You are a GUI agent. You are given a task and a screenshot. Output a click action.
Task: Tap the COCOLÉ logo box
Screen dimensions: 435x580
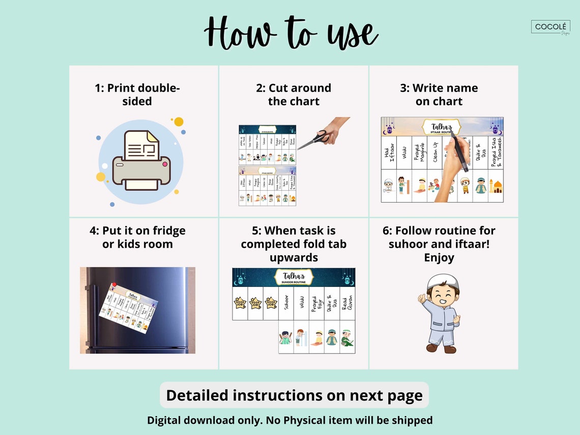[x=550, y=27]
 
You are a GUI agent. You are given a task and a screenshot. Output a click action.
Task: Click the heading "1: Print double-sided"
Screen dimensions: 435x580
[x=137, y=95]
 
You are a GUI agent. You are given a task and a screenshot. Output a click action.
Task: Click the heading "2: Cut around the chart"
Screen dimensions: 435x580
[x=294, y=95]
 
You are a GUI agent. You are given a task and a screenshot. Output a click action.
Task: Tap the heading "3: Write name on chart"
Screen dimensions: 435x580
[x=439, y=95]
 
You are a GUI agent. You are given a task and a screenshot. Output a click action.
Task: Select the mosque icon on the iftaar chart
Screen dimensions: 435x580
[x=496, y=186]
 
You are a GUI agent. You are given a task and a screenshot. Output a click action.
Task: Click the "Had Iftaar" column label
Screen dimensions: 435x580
[x=389, y=153]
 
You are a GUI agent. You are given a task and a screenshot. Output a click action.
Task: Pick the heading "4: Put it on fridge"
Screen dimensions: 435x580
[x=137, y=237]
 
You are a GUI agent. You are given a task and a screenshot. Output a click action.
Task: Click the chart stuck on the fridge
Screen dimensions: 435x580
[x=128, y=307]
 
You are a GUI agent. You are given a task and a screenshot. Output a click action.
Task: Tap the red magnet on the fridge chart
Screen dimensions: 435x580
[x=114, y=285]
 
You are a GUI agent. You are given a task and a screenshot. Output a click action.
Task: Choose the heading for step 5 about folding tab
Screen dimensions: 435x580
[x=294, y=244]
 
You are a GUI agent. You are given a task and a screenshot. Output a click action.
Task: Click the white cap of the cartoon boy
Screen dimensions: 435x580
[x=442, y=281]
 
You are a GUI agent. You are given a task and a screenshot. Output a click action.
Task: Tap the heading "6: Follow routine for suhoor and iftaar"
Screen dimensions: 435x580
[x=439, y=244]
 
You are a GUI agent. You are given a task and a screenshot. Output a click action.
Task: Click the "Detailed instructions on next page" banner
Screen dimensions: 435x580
[x=294, y=395]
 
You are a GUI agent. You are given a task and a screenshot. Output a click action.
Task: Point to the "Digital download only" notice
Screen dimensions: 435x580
[x=290, y=420]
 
